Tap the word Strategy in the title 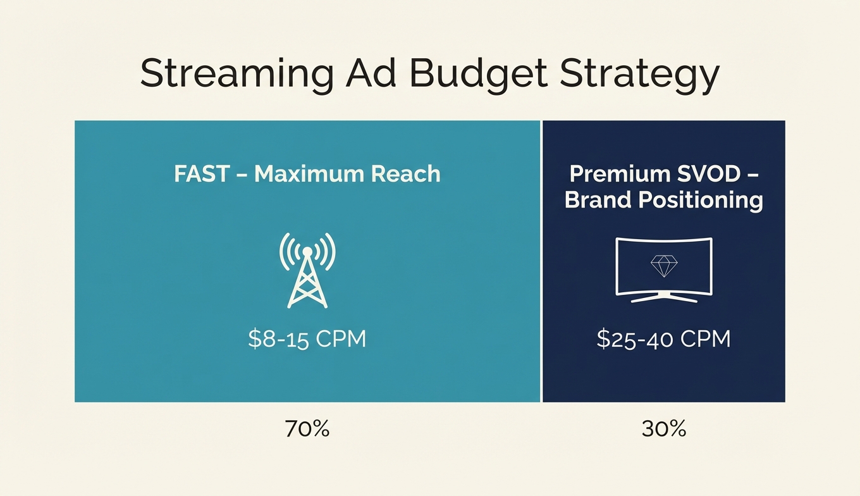[x=639, y=75]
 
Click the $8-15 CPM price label [x=307, y=339]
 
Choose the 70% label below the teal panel [x=307, y=429]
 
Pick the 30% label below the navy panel [x=663, y=429]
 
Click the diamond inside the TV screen [x=663, y=266]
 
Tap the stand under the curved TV [x=663, y=297]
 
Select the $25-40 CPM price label [x=663, y=339]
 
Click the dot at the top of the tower [x=307, y=251]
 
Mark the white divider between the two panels [x=542, y=261]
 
